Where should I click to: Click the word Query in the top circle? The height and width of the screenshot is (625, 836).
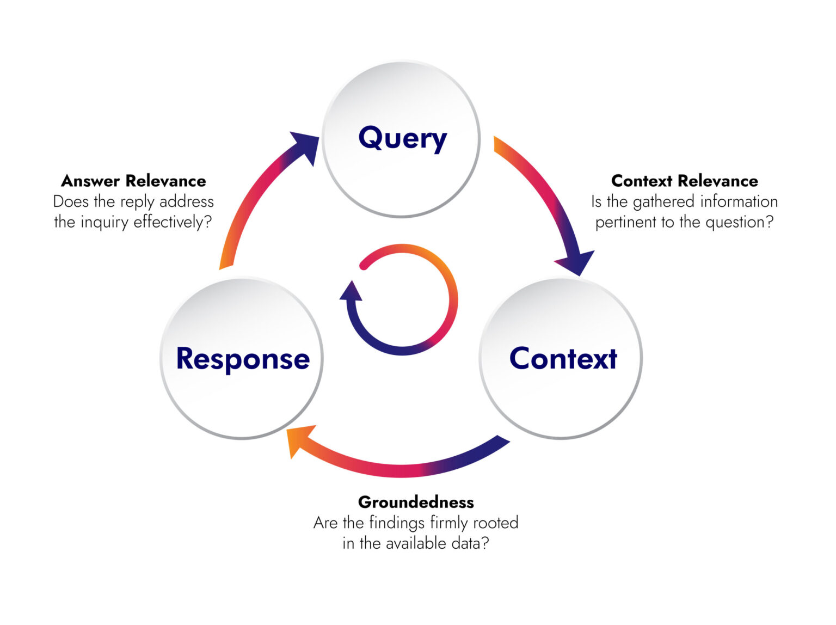coord(402,138)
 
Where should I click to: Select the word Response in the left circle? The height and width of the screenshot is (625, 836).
coord(243,359)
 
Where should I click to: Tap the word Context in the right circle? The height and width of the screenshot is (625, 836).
coord(563,359)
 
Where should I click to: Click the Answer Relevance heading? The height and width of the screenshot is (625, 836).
coord(133,181)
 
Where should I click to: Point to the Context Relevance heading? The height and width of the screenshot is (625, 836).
coord(684,181)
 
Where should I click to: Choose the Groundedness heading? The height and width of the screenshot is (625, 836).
coord(416,502)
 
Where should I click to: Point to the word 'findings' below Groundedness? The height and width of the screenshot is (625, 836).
coord(397,523)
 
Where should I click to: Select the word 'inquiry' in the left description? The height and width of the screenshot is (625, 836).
coord(104,222)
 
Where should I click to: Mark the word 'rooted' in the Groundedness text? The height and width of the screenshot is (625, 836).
coord(495,523)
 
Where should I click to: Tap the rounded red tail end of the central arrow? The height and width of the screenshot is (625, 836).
coord(364,265)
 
